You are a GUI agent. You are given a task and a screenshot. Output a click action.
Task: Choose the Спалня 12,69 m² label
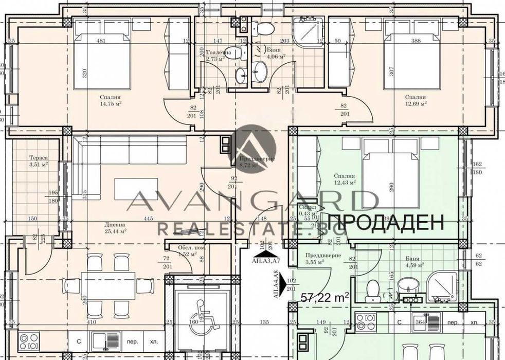point(415,100)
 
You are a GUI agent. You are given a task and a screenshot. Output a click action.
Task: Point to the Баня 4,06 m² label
point(276,53)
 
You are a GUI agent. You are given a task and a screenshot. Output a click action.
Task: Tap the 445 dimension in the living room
point(149,218)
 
